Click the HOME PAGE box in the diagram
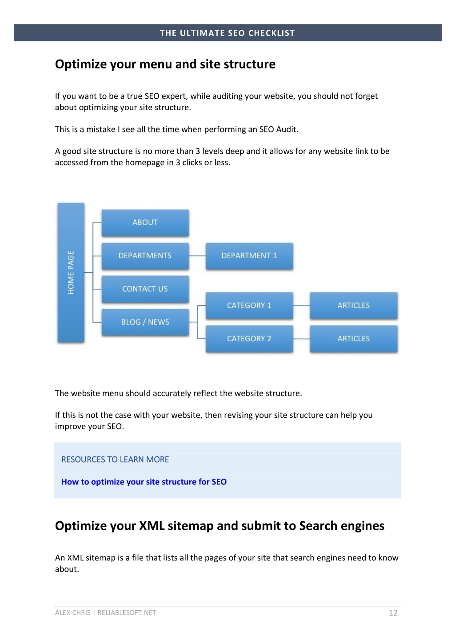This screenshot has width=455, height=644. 71,272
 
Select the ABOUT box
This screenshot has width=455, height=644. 145,223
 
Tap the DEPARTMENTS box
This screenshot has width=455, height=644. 145,256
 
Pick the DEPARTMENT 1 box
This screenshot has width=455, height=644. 249,256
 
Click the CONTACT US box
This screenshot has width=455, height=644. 145,289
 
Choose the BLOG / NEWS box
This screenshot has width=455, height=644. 145,322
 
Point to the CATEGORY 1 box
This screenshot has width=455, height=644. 249,305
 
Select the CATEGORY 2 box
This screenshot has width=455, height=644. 249,339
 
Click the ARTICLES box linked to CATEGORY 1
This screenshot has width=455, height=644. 354,305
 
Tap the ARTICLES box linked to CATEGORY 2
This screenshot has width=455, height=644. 354,339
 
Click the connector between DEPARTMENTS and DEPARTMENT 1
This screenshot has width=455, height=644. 197,256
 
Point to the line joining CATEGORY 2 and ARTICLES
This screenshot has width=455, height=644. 302,339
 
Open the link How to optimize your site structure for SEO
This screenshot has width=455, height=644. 144,482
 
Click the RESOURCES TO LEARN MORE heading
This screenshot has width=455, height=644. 115,460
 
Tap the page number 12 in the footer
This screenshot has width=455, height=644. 393,612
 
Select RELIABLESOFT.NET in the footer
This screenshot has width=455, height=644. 127,612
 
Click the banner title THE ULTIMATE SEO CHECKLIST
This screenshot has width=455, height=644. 227,33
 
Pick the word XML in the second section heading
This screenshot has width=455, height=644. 152,525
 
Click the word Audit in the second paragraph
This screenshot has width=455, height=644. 286,129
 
